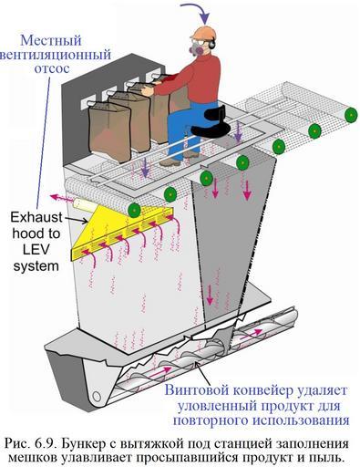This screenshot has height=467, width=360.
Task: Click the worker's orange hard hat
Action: pos(202,33)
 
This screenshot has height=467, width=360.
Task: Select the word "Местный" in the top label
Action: pos(51,40)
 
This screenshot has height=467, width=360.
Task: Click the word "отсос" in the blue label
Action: pos(52,68)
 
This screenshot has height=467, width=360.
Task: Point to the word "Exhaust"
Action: pos(36,218)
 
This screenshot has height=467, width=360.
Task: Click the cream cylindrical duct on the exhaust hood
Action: pos(86,205)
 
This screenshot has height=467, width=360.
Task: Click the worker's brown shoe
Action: pos(170,162)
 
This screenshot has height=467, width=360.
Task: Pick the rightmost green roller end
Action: pos(351,115)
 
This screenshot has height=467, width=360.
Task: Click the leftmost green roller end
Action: pos(134,210)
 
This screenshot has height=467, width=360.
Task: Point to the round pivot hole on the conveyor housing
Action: pos(97,397)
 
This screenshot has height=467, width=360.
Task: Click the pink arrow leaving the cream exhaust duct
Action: pos(63,199)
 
